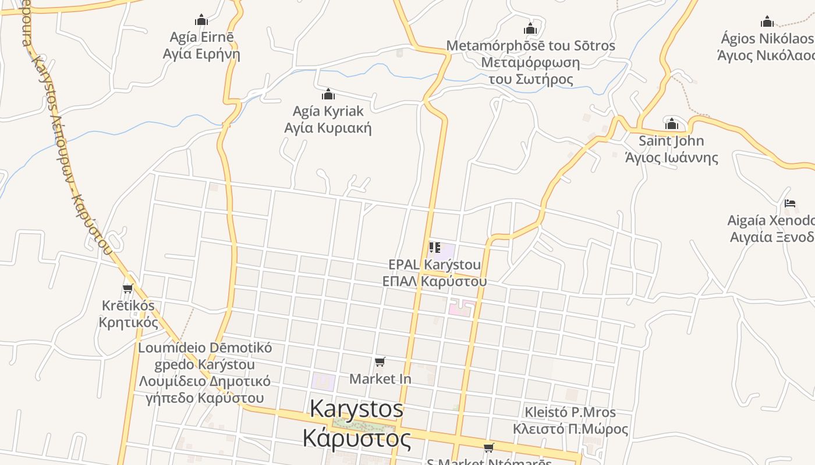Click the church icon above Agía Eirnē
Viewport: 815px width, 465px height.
tap(201, 20)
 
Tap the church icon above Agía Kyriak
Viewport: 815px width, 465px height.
tap(328, 94)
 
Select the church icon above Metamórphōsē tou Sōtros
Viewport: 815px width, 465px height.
tap(530, 28)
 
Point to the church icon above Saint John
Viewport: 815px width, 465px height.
tap(672, 124)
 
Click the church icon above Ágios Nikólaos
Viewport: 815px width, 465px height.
tap(767, 22)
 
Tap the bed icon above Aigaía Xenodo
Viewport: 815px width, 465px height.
tap(790, 203)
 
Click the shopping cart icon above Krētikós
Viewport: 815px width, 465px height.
tap(128, 288)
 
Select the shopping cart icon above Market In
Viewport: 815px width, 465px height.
tap(380, 362)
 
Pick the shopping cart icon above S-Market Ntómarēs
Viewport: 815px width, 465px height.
tap(489, 448)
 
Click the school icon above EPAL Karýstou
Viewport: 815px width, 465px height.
tap(434, 248)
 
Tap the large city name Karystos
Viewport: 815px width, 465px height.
tap(356, 409)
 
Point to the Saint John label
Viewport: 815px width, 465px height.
tap(671, 141)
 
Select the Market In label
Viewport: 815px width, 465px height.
tap(380, 379)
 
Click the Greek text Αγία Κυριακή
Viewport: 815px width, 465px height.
tap(328, 128)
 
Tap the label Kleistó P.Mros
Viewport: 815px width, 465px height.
tap(570, 413)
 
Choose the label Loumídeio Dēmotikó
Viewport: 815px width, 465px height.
tap(204, 348)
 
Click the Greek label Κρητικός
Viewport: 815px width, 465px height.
tap(128, 322)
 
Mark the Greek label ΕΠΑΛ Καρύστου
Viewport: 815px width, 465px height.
tap(434, 281)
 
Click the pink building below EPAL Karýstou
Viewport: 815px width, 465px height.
tap(460, 308)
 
